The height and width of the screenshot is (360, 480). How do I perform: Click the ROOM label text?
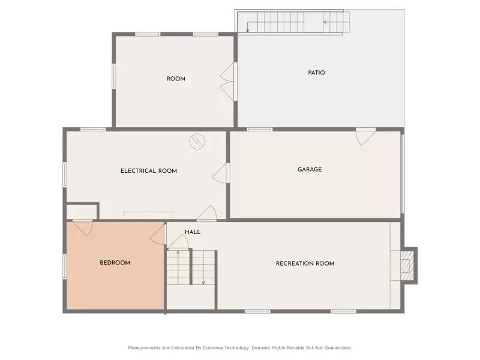tap(176, 79)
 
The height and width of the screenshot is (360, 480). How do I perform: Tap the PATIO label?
tap(316, 73)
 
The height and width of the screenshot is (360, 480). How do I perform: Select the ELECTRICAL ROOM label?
tap(149, 171)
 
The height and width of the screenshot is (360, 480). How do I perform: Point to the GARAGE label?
tap(310, 169)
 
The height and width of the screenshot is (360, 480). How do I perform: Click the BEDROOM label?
tap(115, 263)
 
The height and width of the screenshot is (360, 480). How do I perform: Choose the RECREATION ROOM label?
tap(305, 263)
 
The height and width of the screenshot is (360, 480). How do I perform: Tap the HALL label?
tap(193, 232)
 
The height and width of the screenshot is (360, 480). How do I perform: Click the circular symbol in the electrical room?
tap(197, 142)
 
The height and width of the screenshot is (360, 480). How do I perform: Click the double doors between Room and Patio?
tap(229, 82)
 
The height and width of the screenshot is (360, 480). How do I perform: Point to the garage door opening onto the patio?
tap(365, 136)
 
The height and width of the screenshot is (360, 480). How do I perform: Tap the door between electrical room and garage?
tap(222, 173)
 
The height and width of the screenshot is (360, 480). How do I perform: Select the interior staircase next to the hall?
tap(191, 268)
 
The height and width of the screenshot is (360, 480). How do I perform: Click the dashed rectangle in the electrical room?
tap(148, 214)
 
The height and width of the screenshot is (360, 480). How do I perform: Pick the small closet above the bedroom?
tap(82, 212)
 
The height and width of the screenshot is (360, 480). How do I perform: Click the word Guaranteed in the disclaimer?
tap(337, 347)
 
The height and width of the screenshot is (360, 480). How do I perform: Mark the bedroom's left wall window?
tap(64, 266)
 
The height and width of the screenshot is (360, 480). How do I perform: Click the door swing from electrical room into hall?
tap(207, 212)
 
